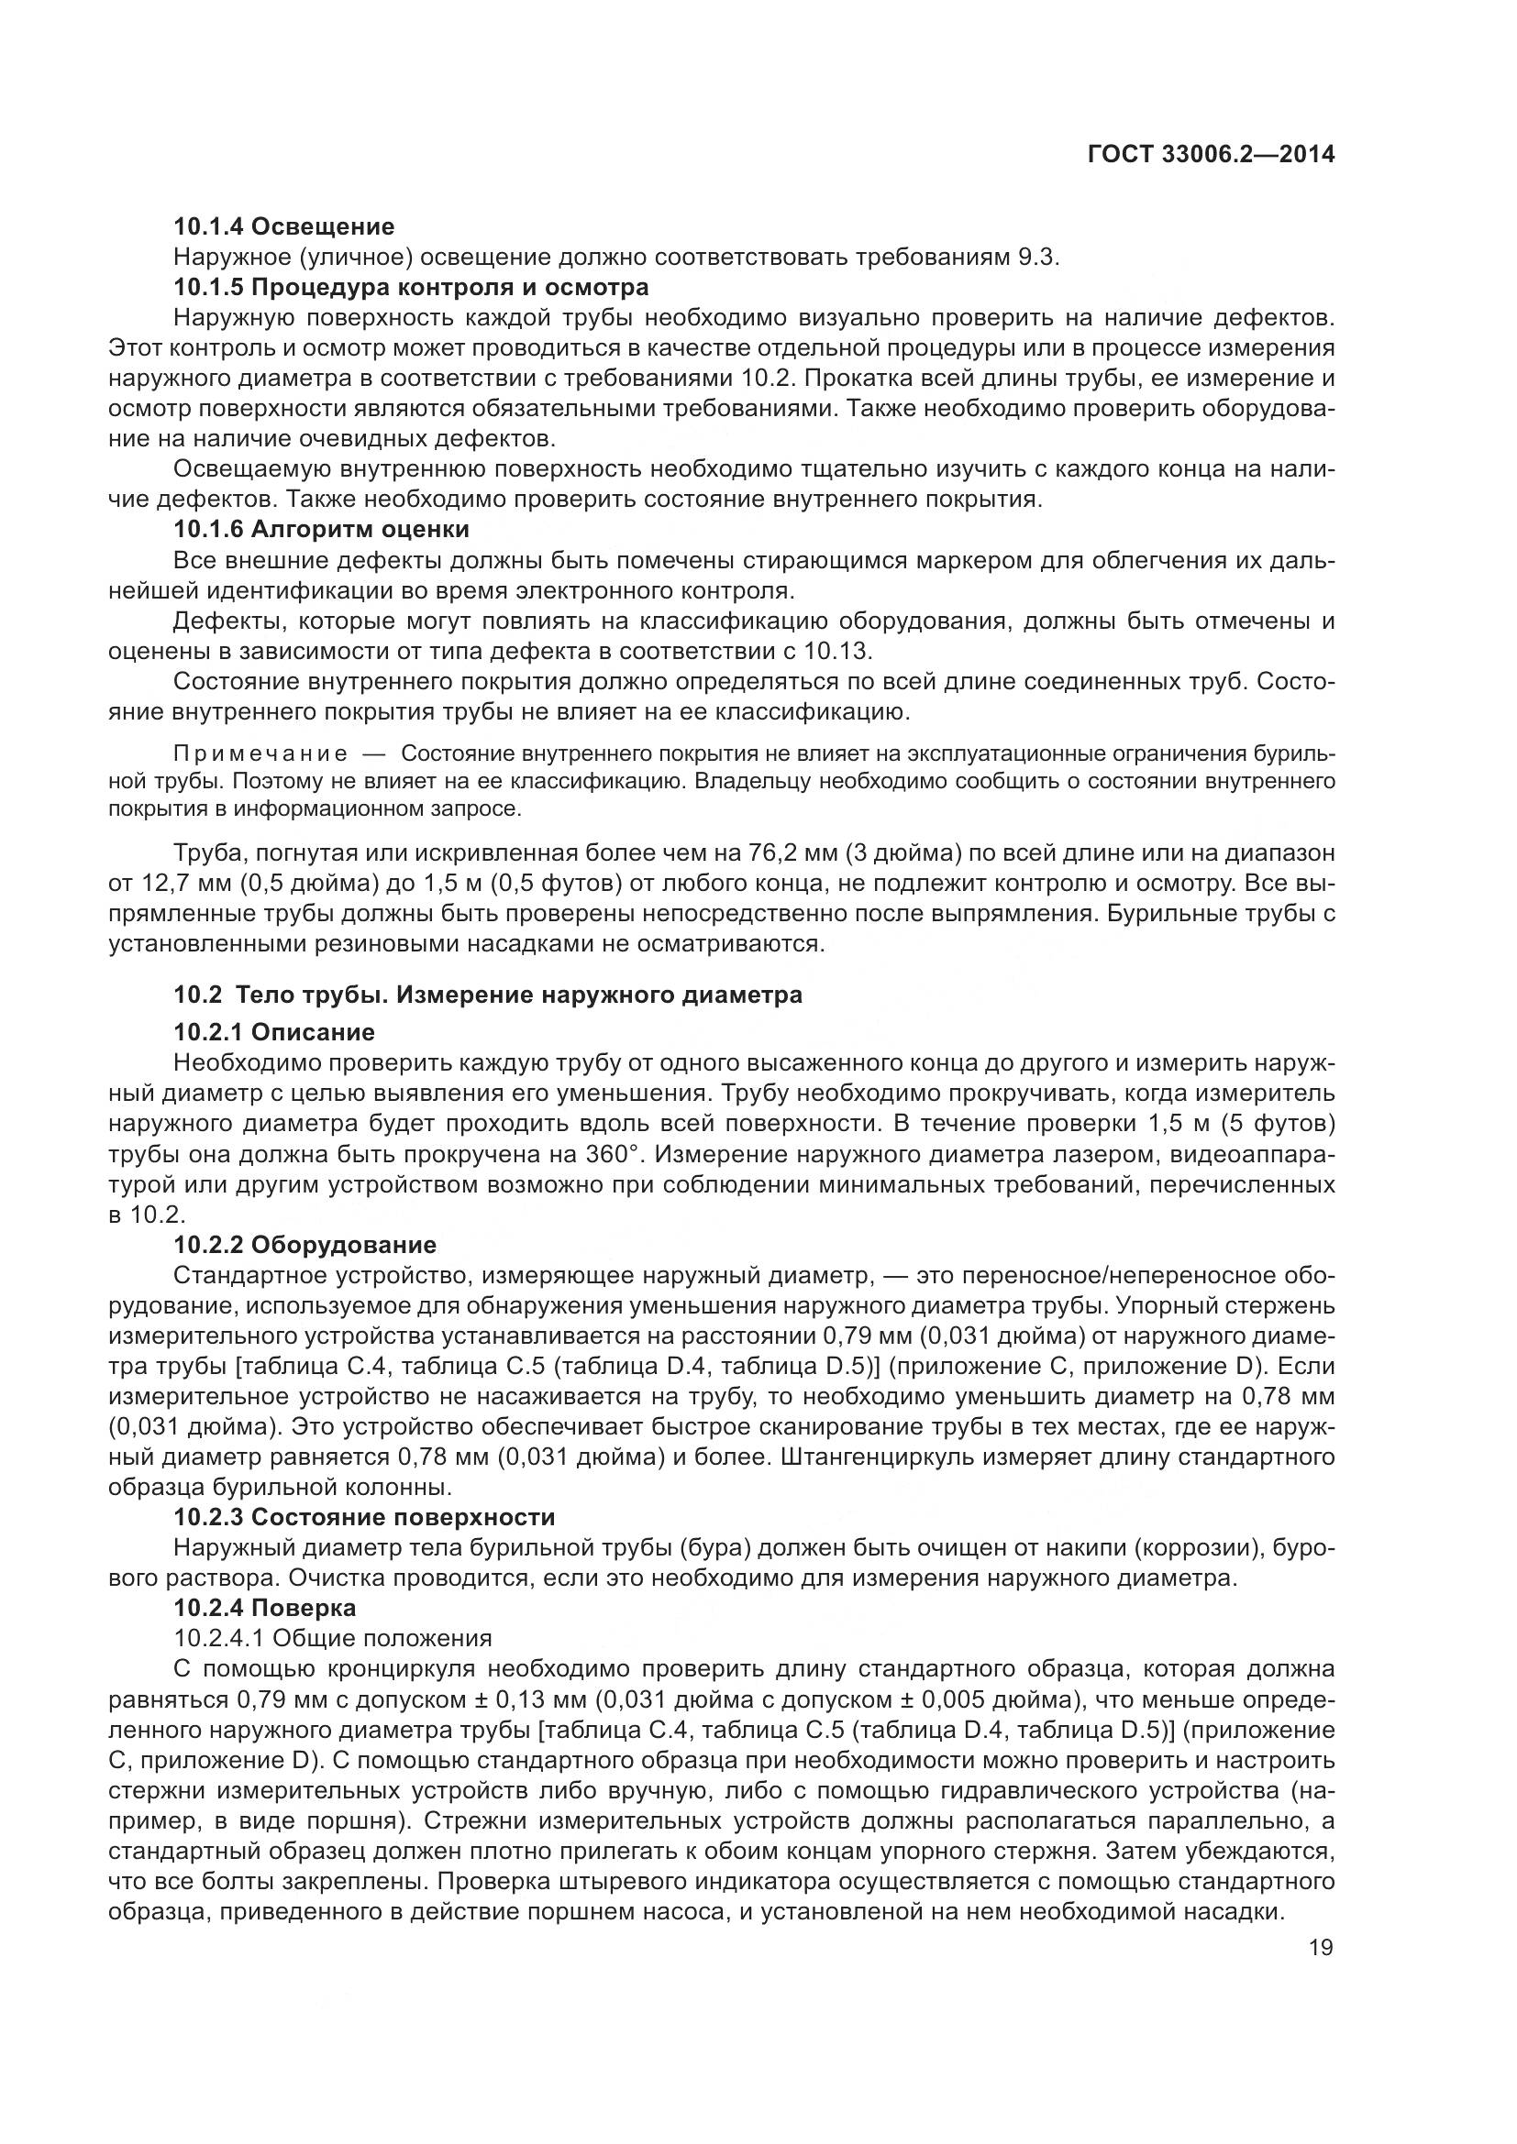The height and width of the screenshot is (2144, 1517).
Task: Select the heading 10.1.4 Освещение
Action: click(284, 227)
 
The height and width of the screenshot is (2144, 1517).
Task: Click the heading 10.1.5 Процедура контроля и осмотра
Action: click(411, 287)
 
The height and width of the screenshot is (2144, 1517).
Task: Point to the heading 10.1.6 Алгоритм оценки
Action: click(321, 530)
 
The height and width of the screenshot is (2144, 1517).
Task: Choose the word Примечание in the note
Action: click(260, 753)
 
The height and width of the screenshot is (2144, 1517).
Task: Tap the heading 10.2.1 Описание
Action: click(274, 1032)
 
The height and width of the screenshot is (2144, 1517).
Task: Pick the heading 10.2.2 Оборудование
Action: click(305, 1245)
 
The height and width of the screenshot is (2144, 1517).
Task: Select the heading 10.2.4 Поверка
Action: click(265, 1607)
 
